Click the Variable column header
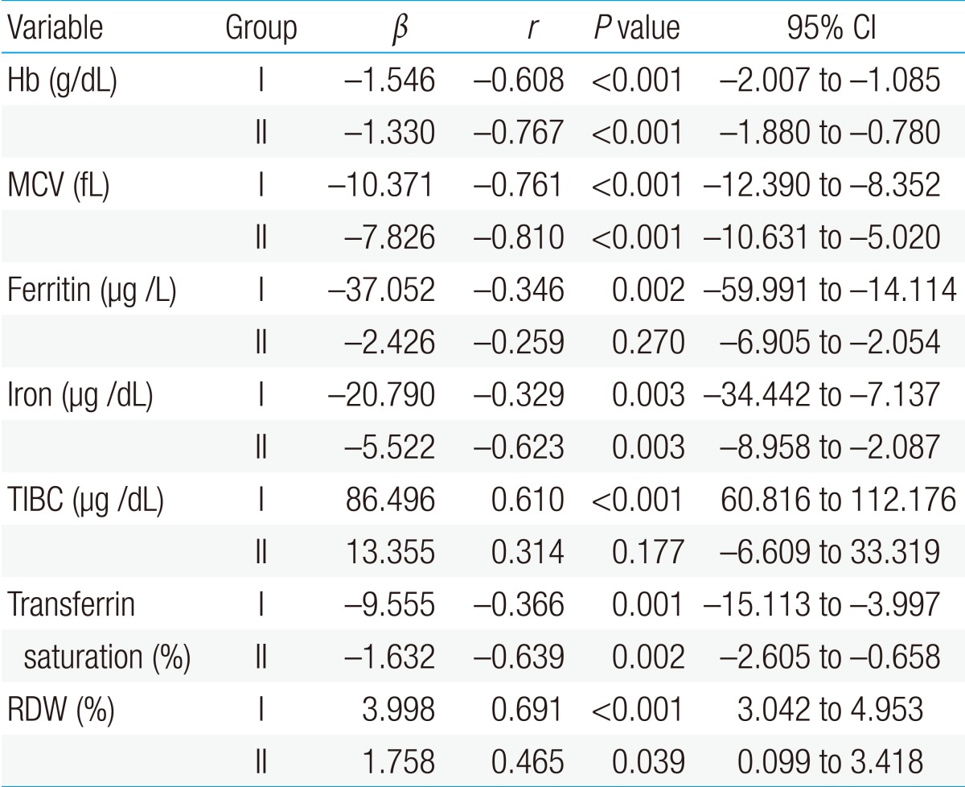point(55,28)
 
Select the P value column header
point(635,28)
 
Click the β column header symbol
point(397,30)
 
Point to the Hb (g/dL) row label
point(62,80)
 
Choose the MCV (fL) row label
point(60,186)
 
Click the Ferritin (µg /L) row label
point(90,290)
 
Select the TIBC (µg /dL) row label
point(85,500)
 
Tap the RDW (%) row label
point(61,709)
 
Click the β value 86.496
point(392,500)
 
